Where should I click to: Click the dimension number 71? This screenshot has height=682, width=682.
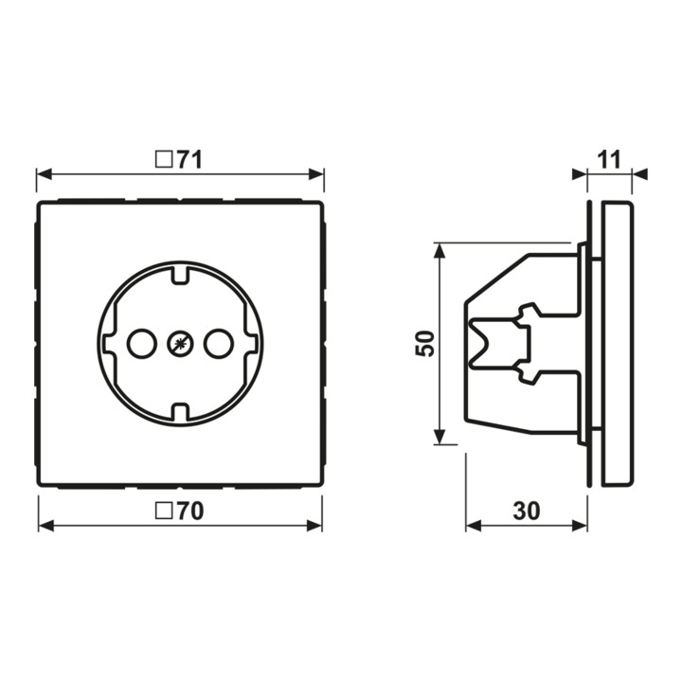point(189,160)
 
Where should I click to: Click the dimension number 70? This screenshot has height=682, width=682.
point(190,511)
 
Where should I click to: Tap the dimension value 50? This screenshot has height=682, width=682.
point(425,344)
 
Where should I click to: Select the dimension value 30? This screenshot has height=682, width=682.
point(527,511)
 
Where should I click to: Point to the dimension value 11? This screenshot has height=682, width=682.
point(609,160)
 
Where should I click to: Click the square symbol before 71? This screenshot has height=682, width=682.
point(163,160)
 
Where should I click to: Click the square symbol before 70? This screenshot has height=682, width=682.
point(163,511)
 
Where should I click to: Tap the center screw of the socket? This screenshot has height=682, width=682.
point(181,344)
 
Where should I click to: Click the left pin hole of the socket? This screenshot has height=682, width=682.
point(142,344)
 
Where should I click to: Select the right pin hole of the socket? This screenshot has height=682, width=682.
point(219,344)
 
